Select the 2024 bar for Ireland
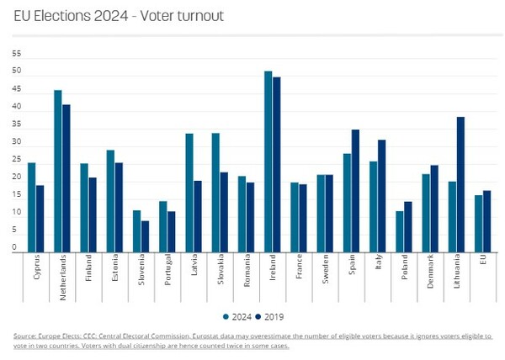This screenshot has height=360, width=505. [268, 161]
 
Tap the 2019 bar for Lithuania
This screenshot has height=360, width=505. [460, 183]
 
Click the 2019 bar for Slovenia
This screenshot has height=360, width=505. [145, 236]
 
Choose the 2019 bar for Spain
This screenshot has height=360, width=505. [355, 190]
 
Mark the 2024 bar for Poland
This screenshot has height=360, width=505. [400, 230]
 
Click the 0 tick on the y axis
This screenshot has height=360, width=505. [15, 249]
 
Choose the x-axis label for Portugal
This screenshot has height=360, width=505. [167, 272]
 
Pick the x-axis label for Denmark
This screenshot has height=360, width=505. [430, 272]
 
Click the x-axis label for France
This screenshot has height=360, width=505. [299, 268]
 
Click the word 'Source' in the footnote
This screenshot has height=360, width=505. [24, 336]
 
